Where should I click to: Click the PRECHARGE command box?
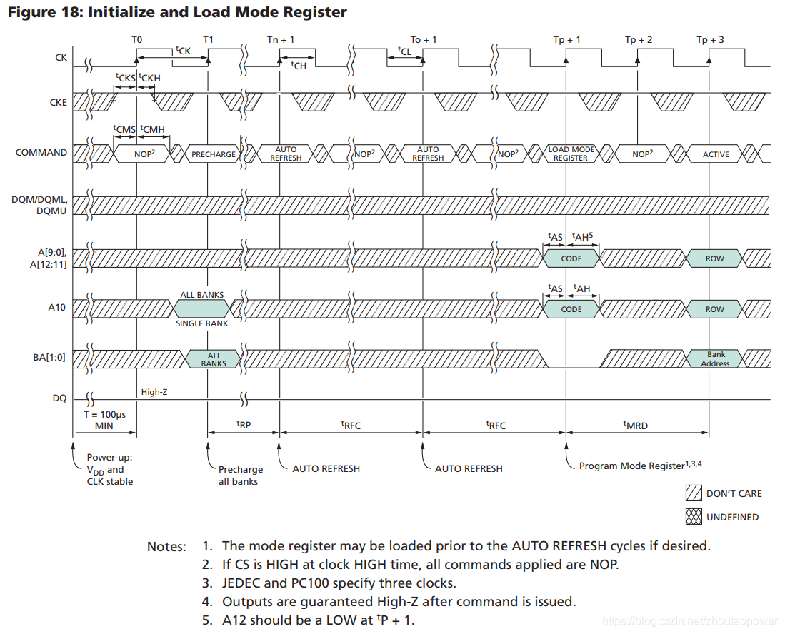213,154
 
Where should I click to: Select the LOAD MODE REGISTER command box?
570,154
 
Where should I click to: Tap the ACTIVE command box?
716,154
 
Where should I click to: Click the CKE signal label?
58,102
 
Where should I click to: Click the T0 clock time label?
136,40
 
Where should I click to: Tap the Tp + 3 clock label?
710,40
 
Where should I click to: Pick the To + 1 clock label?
424,40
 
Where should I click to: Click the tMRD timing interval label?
636,425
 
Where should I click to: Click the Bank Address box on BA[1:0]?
715,359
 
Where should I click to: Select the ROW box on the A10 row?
715,309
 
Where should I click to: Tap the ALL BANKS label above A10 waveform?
202,295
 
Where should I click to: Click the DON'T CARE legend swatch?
694,493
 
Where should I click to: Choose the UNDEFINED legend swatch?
694,516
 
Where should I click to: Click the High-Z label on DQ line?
154,392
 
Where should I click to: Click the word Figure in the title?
33,12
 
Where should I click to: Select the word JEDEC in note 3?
243,583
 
